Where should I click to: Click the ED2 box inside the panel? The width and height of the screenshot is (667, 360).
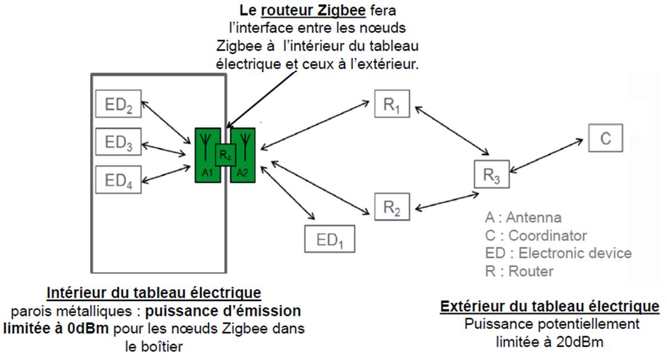(x=118, y=104)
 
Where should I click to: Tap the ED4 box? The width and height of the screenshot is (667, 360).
(x=118, y=179)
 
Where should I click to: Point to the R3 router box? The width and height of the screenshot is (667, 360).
(x=492, y=174)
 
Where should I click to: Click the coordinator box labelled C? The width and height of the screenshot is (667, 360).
(x=605, y=138)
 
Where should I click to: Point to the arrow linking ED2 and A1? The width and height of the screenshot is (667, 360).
(x=167, y=122)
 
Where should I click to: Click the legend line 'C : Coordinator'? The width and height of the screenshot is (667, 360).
(x=536, y=235)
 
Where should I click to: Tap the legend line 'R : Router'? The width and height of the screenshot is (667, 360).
(x=519, y=271)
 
